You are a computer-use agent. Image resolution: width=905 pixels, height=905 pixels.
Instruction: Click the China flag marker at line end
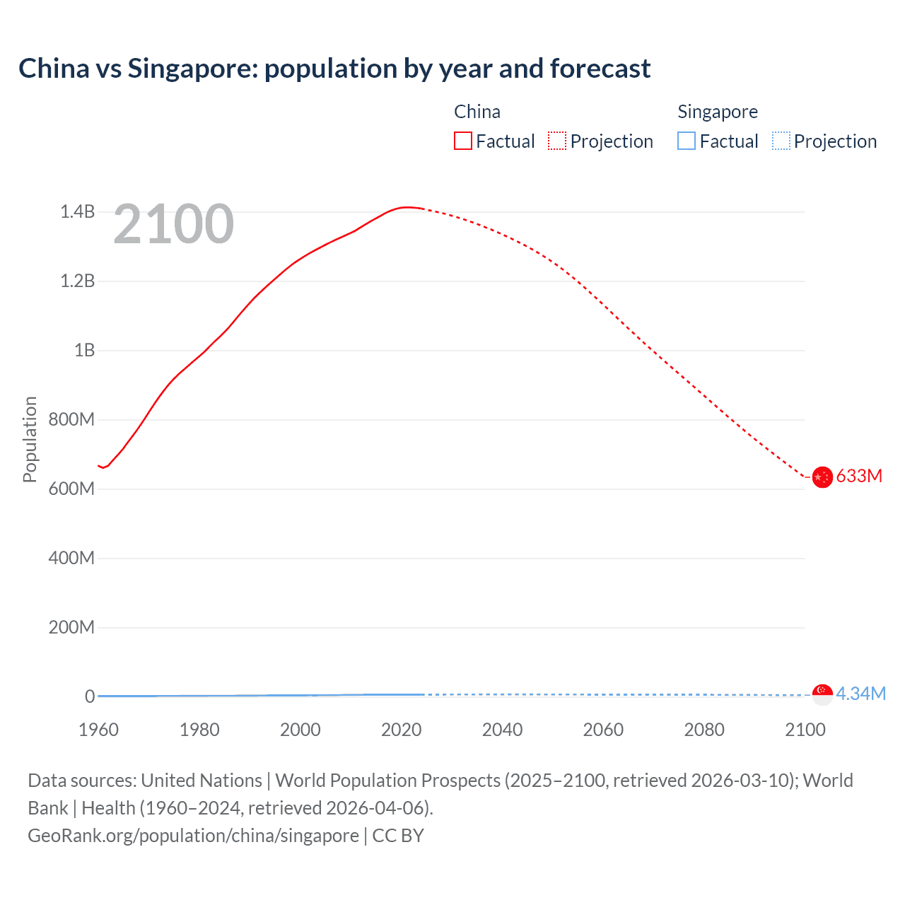pos(822,477)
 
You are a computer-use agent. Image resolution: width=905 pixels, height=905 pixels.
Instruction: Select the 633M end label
pos(859,476)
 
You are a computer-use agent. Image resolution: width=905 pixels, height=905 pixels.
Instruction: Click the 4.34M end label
pos(860,694)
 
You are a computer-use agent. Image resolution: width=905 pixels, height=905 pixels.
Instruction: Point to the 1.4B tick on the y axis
pos(77,211)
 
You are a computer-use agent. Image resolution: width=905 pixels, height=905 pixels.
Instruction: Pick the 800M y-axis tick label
pos(71,419)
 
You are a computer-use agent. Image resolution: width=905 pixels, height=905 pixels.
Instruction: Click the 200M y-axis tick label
pos(71,627)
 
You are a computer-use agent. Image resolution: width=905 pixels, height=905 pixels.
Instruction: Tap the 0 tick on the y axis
pos(90,696)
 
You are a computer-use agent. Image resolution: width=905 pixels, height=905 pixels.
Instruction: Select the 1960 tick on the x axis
pos(98,730)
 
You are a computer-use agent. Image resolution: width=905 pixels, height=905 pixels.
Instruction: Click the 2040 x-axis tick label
pos(502,730)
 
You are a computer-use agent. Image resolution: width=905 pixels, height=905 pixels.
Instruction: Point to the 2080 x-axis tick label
pos(704,730)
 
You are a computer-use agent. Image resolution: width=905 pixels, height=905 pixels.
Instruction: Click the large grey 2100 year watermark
pos(173,224)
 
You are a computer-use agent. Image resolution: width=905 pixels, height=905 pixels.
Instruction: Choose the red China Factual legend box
pos(463,141)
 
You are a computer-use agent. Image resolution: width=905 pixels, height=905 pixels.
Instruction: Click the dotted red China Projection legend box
pos(557,141)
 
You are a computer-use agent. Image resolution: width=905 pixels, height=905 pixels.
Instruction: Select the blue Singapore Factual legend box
pos(687,141)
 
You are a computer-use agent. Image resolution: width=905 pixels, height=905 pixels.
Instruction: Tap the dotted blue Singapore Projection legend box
pos(781,141)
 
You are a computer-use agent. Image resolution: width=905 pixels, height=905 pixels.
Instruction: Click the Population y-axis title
pos(30,439)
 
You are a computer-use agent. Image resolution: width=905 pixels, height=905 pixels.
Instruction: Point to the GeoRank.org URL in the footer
pos(193,835)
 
